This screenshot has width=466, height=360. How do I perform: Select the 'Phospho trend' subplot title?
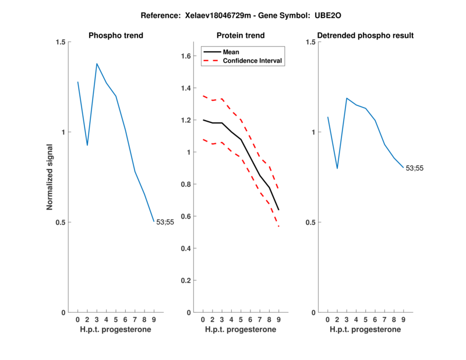coord(116,36)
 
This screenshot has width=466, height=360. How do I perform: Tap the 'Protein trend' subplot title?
coord(241,36)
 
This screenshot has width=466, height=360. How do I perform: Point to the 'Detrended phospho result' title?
coord(366,36)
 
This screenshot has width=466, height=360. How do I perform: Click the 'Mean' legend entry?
coord(231,52)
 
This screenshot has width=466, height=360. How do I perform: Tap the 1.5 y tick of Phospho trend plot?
coord(59,42)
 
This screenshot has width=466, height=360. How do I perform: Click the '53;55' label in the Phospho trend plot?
coord(165,222)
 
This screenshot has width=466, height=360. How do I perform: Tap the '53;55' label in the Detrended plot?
coord(414,168)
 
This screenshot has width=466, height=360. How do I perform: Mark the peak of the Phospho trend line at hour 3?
coord(97,63)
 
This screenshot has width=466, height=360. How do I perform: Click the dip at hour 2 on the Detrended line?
coord(337,168)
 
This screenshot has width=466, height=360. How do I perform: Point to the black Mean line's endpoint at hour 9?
coord(279,210)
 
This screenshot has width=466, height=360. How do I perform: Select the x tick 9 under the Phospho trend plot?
coord(154,319)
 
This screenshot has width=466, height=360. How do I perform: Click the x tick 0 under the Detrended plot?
coord(327,319)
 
